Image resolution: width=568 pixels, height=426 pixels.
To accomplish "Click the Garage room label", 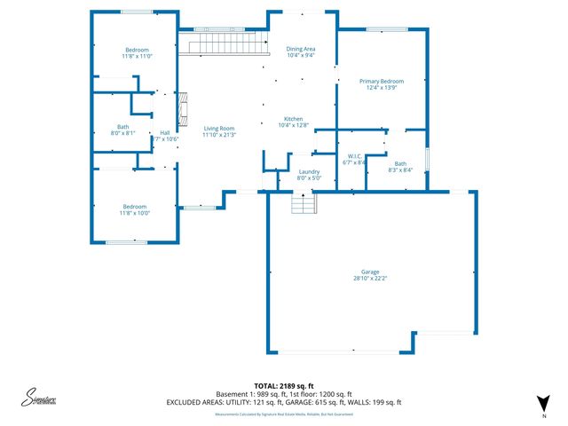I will [370, 273].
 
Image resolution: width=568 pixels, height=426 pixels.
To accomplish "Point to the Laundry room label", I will [309, 173].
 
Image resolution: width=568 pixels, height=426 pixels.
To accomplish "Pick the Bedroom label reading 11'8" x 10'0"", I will [137, 209].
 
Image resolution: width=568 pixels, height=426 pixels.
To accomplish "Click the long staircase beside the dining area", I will [224, 43].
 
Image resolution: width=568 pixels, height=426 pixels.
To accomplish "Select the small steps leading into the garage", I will [304, 205].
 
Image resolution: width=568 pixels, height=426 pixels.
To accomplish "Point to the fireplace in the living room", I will [183, 110].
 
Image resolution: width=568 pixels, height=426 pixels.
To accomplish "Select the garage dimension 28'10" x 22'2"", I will [370, 278].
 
